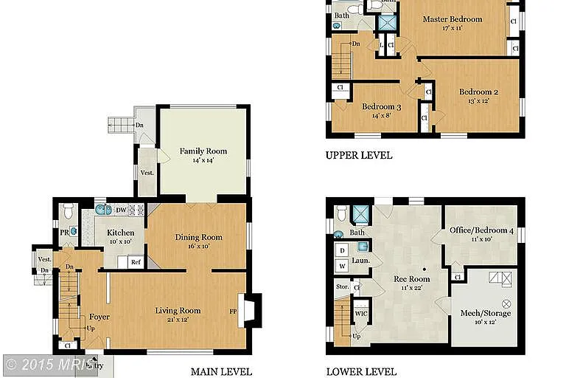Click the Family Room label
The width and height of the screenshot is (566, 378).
click(203, 151)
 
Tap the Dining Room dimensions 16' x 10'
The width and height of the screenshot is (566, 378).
click(198, 247)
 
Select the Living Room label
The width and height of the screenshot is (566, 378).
click(178, 310)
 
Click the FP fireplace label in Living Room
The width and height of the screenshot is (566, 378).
click(233, 311)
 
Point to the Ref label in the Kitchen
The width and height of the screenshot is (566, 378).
click(136, 261)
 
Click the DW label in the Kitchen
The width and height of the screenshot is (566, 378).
click(120, 210)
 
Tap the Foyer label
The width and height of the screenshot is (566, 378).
click(99, 317)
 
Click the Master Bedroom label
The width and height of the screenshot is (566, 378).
click(452, 19)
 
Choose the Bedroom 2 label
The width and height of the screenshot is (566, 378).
click(478, 92)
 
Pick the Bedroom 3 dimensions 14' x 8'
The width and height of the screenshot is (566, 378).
click(381, 115)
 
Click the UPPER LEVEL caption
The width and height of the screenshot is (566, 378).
click(359, 156)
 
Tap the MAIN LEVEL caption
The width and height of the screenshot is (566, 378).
click(221, 371)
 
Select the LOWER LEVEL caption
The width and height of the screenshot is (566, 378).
click(361, 371)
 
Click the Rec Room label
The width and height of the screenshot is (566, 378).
click(411, 278)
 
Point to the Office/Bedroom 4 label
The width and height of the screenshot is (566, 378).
click(481, 230)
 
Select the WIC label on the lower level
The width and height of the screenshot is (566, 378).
click(360, 313)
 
